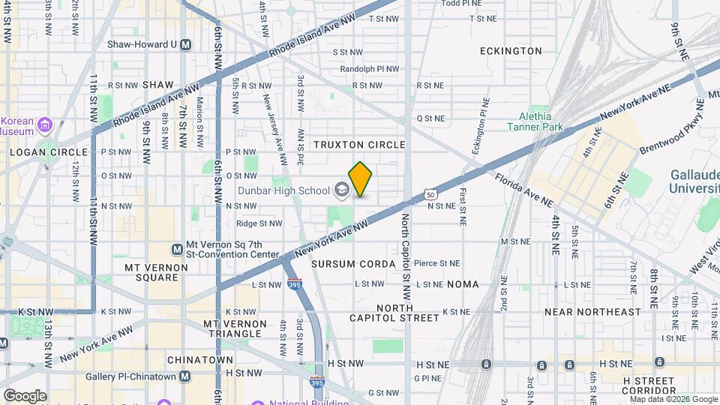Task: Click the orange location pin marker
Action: pos(360,178)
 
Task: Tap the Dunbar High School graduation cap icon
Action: pos(343,190)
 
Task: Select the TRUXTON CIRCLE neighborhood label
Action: pos(359,145)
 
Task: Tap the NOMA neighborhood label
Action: pos(463,285)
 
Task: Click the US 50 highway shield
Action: pos(430,194)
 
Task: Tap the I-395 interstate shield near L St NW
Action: pos(295,283)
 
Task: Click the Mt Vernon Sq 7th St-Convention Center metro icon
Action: pos(178,249)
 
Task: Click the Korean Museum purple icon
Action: pos(43,124)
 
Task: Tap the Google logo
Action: pos(25,395)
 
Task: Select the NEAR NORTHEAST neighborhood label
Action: pos(592,312)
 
